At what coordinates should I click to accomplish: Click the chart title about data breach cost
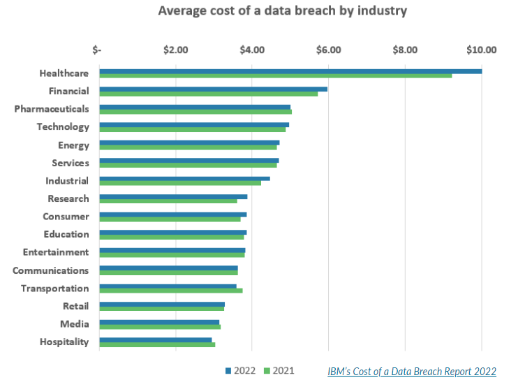pyautogui.click(x=282, y=11)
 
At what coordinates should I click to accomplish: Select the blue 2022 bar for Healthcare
pyautogui.click(x=290, y=71)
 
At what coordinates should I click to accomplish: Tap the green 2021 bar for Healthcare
pyautogui.click(x=276, y=75)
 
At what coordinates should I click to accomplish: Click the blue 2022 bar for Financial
pyautogui.click(x=213, y=89)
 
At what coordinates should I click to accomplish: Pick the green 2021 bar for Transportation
pyautogui.click(x=171, y=291)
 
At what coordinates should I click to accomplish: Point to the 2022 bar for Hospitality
pyautogui.click(x=156, y=339)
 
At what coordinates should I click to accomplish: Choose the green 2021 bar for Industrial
pyautogui.click(x=180, y=183)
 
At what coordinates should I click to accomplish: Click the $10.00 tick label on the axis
pyautogui.click(x=481, y=50)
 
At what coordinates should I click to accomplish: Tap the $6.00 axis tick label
pyautogui.click(x=328, y=50)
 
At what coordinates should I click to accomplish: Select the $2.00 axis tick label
pyautogui.click(x=175, y=50)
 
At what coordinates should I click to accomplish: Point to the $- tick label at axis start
pyautogui.click(x=97, y=50)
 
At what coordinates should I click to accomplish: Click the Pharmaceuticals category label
pyautogui.click(x=52, y=109)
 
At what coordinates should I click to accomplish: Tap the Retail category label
pyautogui.click(x=75, y=306)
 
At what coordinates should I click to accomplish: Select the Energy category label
pyautogui.click(x=73, y=145)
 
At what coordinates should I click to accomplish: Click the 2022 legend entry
pyautogui.click(x=241, y=370)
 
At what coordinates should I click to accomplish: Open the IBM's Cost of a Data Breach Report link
pyautogui.click(x=412, y=371)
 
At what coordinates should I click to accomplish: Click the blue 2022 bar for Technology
pyautogui.click(x=194, y=124)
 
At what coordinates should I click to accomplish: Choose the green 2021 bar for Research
pyautogui.click(x=168, y=201)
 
